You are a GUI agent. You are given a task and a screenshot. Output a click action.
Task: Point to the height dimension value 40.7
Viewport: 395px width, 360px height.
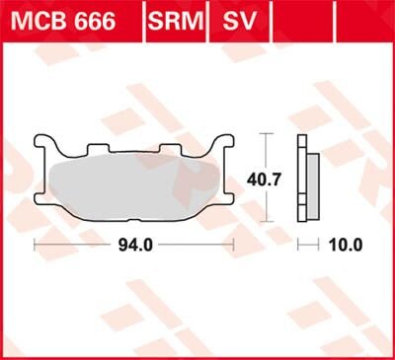coord(262,180)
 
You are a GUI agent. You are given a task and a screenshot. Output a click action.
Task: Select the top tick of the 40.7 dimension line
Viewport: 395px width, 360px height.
coord(263,132)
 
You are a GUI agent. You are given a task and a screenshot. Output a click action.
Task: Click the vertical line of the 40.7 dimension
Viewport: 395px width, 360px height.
coord(263,153)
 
